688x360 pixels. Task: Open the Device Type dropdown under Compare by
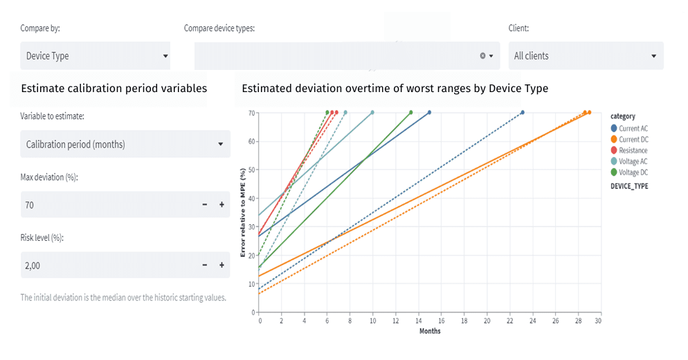pos(95,56)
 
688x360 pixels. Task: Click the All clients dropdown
pos(586,56)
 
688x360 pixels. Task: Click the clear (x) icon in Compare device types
pos(482,56)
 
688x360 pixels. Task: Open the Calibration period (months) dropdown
pos(125,145)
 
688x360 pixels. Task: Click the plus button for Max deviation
pos(221,205)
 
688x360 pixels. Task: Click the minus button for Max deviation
pos(204,205)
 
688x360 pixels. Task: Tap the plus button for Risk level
pos(221,265)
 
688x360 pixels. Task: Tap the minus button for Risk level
pos(204,265)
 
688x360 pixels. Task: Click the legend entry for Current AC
pos(633,129)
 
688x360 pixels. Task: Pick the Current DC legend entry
pos(633,140)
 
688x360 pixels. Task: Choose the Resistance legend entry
pos(633,150)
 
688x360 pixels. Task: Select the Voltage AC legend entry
pos(633,161)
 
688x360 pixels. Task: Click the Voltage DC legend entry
pos(633,172)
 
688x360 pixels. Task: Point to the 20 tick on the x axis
pos(487,321)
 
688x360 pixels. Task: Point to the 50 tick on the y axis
pos(252,170)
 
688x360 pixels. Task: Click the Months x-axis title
pos(429,331)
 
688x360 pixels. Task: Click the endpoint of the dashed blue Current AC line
pos(522,112)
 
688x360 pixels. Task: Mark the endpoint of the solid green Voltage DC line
pos(411,112)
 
